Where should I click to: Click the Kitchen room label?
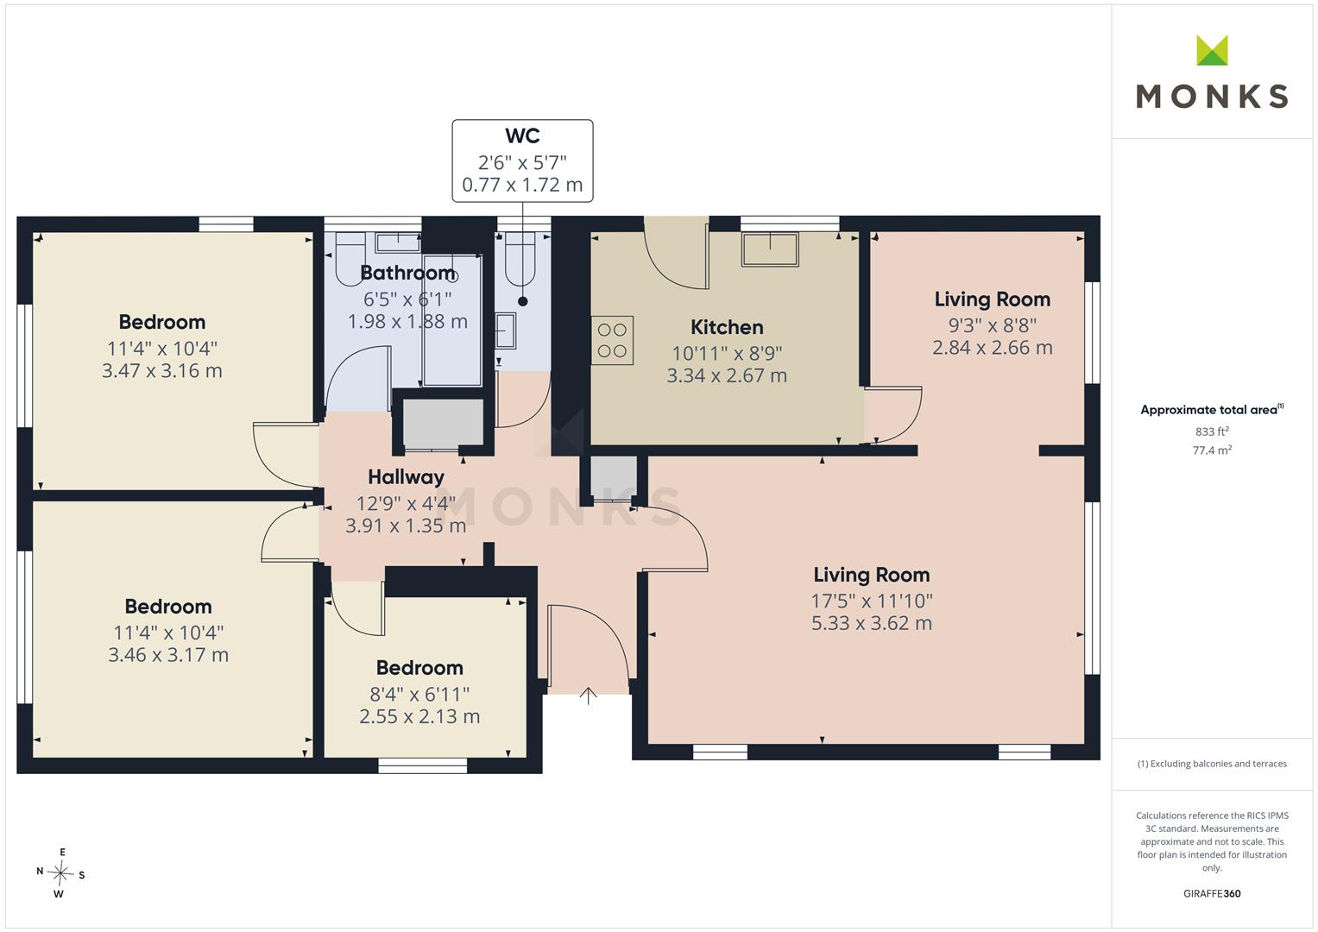(x=727, y=327)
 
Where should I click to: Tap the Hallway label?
(x=406, y=477)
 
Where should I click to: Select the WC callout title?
(x=522, y=136)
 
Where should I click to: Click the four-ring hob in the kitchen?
(x=612, y=341)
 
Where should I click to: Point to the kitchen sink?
(x=770, y=250)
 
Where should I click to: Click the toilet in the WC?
(x=520, y=259)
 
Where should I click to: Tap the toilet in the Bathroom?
(x=350, y=259)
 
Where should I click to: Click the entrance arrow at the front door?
(x=588, y=696)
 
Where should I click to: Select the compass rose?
(x=60, y=873)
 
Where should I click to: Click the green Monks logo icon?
(x=1212, y=50)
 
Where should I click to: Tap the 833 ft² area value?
(x=1212, y=431)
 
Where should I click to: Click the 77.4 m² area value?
(x=1212, y=450)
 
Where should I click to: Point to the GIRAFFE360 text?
(x=1212, y=893)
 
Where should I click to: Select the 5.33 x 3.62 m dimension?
(x=872, y=623)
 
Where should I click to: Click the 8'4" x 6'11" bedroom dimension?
(x=419, y=695)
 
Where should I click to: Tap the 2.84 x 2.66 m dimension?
(x=993, y=348)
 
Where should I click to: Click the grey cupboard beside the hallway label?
(x=443, y=423)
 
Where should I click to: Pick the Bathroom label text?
(x=407, y=273)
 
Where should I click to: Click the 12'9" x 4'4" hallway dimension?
(x=406, y=504)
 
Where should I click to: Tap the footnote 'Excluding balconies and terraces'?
(x=1212, y=764)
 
